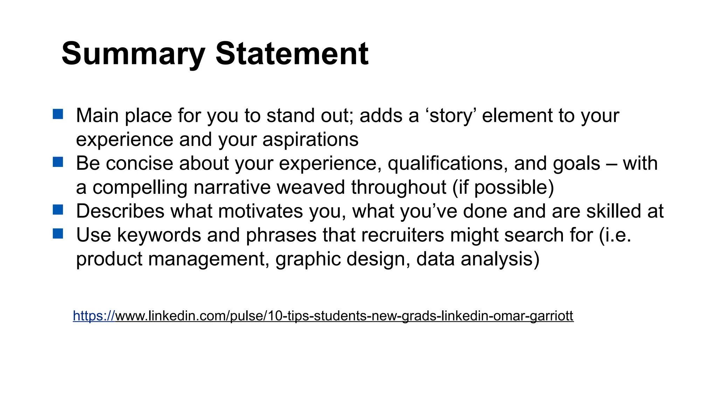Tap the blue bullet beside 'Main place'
[58, 114]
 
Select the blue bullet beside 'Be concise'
[58, 162]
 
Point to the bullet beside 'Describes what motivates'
[58, 210]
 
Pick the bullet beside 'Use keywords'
[58, 234]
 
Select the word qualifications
[448, 163]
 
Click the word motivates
[260, 211]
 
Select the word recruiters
[403, 235]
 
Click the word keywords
[159, 235]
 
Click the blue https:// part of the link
[94, 316]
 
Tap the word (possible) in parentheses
[514, 187]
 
